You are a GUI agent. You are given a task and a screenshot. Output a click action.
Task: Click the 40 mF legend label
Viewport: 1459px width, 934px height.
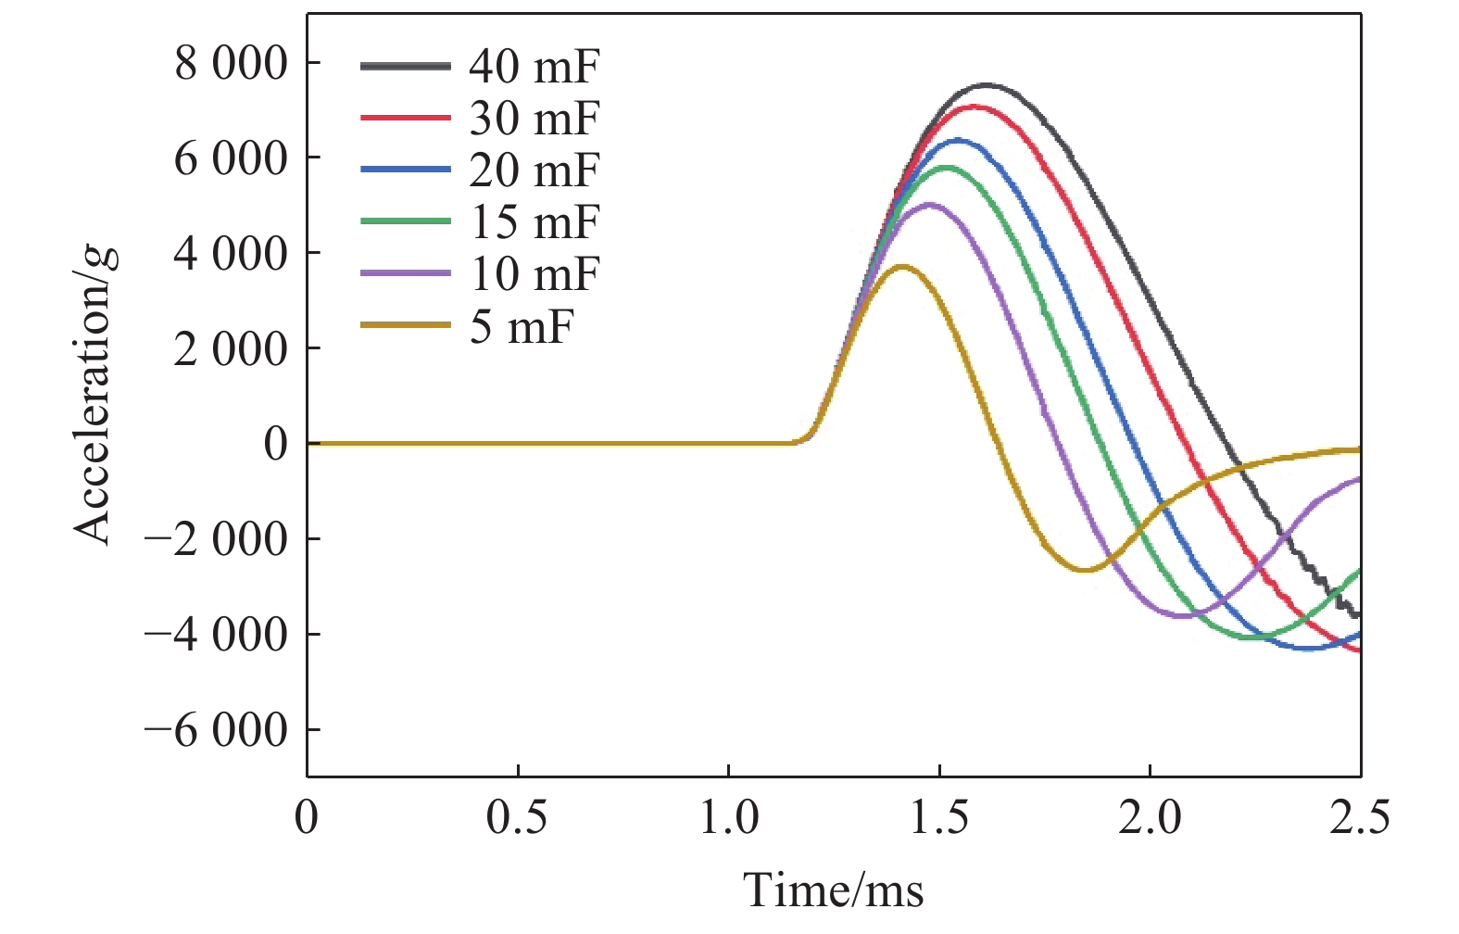(534, 67)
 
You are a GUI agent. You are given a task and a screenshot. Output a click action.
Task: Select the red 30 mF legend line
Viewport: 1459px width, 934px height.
(405, 118)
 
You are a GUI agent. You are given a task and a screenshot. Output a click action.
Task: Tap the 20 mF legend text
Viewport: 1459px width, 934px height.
(534, 170)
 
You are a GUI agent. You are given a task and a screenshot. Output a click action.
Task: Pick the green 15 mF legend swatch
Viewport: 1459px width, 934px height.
(405, 221)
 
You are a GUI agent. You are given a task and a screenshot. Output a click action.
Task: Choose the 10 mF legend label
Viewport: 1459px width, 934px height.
(534, 274)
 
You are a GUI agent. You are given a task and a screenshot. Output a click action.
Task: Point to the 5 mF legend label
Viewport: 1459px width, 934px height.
(521, 326)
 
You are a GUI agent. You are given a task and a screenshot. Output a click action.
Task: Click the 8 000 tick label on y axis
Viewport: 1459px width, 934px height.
(231, 64)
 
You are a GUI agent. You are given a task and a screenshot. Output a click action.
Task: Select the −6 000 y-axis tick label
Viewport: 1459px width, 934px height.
(216, 730)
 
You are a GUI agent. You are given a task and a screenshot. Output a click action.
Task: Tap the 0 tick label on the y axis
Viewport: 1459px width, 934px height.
(276, 444)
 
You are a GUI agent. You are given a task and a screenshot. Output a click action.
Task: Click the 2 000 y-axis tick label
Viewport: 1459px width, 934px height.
(231, 349)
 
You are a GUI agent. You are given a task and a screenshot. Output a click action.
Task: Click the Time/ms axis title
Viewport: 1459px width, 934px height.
(834, 890)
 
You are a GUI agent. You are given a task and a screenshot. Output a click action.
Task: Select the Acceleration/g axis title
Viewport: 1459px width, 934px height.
(94, 394)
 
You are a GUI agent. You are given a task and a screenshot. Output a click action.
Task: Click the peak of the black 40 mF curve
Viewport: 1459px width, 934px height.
(986, 85)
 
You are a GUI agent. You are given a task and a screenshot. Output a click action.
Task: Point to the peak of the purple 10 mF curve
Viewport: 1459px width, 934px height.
(929, 205)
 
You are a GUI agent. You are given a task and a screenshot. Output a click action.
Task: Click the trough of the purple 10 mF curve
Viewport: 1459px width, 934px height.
(1183, 615)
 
